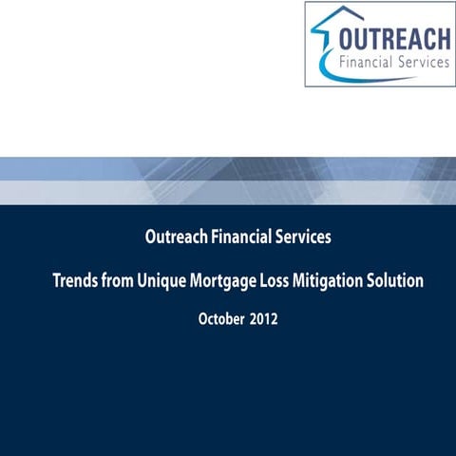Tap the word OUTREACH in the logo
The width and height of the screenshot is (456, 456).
click(389, 41)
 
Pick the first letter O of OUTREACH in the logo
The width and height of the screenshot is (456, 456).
click(345, 41)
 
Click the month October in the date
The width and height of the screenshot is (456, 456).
click(220, 319)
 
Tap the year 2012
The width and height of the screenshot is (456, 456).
click(264, 319)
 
